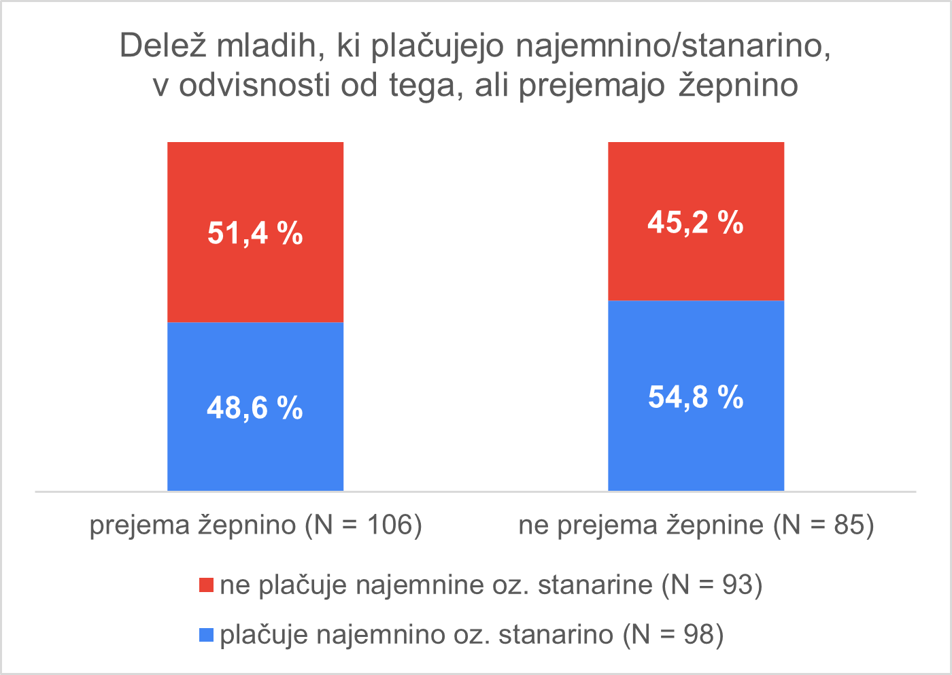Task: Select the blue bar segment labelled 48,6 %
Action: coord(255,455)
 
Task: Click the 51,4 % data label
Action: coord(255,233)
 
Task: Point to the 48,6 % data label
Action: coord(255,408)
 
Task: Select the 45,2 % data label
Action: coord(696,222)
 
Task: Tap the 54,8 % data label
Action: coord(696,397)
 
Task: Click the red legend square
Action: coord(206,585)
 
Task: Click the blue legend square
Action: coord(206,636)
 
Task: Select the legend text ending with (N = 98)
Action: coord(472,635)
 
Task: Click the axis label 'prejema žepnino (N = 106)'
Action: coord(256,525)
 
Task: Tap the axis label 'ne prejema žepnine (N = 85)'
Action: coord(696,525)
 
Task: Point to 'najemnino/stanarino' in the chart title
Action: coord(673,46)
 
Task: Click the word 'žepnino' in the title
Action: coord(738,86)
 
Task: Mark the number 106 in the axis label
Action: coord(390,525)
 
